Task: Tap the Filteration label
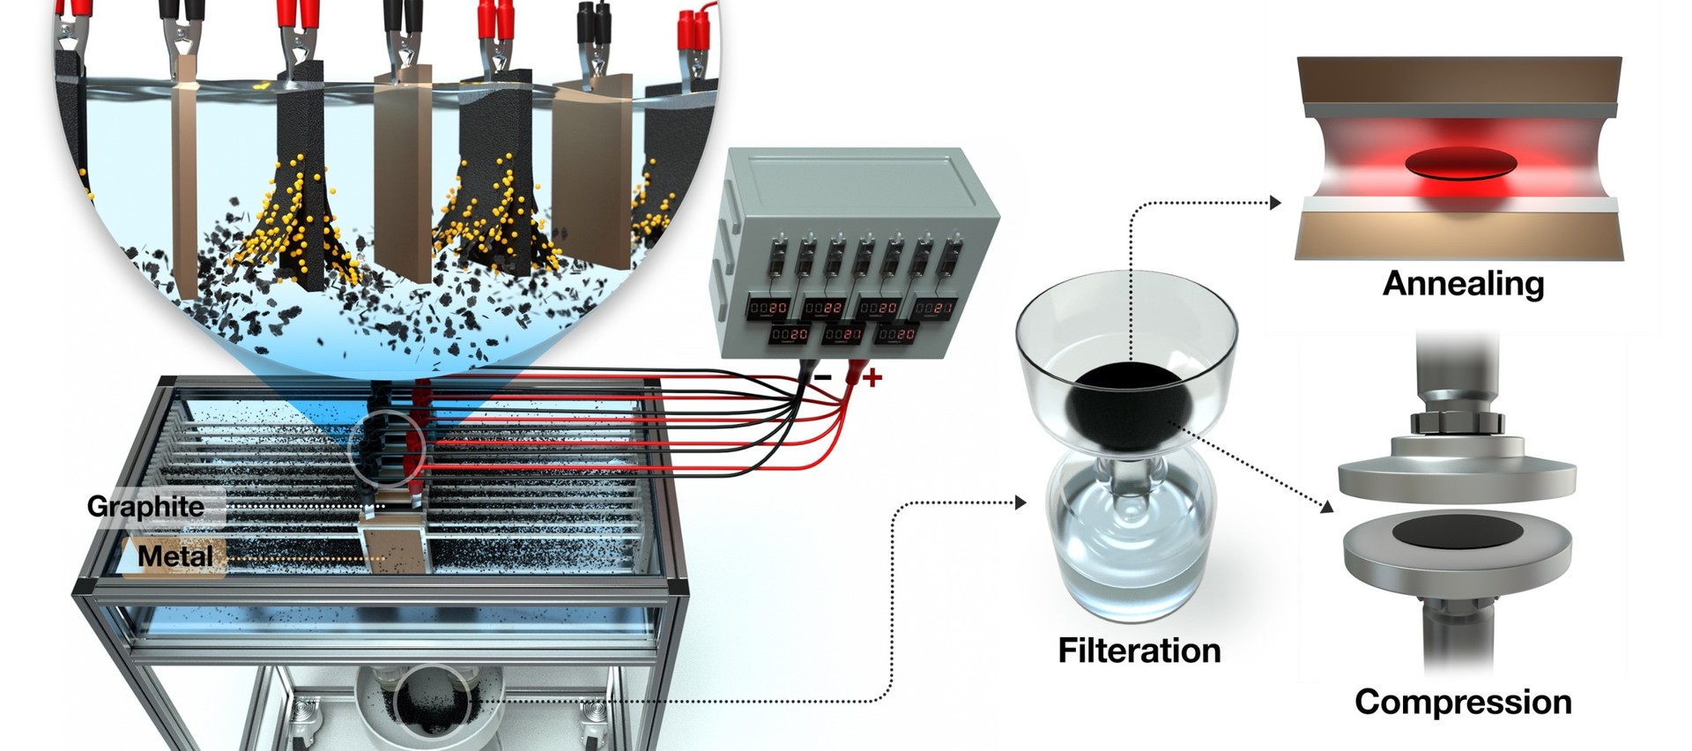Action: [x=1139, y=651]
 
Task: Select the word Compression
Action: [x=1463, y=703]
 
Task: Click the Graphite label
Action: [x=145, y=507]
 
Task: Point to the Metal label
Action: [x=175, y=556]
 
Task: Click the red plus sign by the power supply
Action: [x=872, y=378]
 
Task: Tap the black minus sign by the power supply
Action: [x=822, y=377]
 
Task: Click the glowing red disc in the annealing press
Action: [x=1460, y=163]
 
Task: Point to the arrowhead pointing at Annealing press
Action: [x=1276, y=203]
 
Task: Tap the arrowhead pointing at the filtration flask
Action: [x=1020, y=502]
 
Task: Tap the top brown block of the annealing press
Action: [x=1458, y=79]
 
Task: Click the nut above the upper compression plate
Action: [x=1456, y=422]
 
